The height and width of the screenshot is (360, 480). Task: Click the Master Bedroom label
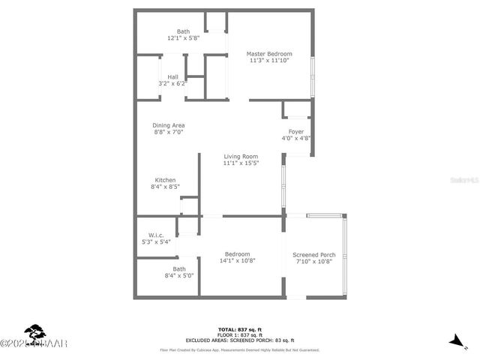click(x=270, y=54)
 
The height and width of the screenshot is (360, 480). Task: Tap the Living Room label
click(x=241, y=156)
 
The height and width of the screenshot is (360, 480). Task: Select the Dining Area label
click(x=169, y=125)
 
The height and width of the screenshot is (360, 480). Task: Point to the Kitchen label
click(x=165, y=181)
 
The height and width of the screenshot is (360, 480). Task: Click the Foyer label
click(x=296, y=131)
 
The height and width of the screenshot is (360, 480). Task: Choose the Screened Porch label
click(x=313, y=255)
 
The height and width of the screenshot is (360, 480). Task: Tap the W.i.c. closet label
click(x=156, y=235)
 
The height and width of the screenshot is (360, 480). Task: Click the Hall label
click(x=172, y=76)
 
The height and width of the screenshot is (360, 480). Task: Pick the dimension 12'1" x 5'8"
click(x=183, y=38)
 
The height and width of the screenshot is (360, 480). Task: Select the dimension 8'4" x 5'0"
click(x=179, y=276)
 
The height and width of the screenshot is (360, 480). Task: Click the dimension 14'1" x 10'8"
click(x=235, y=262)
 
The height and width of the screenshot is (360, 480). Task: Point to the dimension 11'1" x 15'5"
click(x=241, y=163)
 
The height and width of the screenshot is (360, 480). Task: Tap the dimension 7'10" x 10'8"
click(x=313, y=262)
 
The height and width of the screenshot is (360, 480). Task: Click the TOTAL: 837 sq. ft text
click(x=239, y=329)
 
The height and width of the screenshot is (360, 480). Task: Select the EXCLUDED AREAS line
click(x=239, y=341)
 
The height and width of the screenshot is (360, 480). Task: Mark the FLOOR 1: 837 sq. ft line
click(x=239, y=335)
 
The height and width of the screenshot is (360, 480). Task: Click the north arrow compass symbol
click(x=454, y=341)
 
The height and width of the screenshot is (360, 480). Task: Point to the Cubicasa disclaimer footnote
click(x=239, y=349)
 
